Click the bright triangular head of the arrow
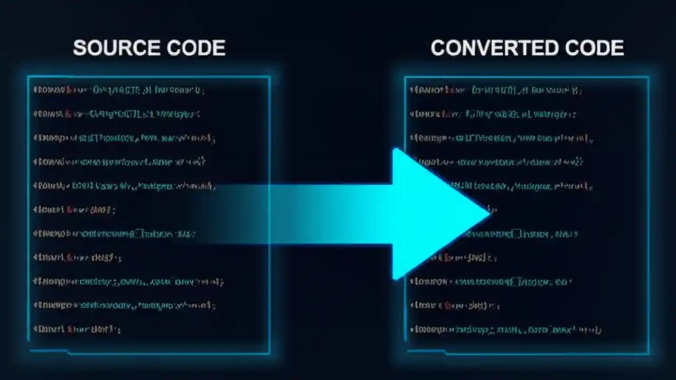433,214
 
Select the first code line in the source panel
118,90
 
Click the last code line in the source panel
77,329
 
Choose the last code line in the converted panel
505,330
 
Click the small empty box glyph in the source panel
139,233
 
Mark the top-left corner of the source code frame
29,77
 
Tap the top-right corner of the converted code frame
648,78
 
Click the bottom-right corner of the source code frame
269,353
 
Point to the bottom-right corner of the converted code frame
648,353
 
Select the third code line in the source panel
124,138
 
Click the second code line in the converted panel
492,113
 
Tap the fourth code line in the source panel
119,161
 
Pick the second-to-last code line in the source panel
124,305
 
